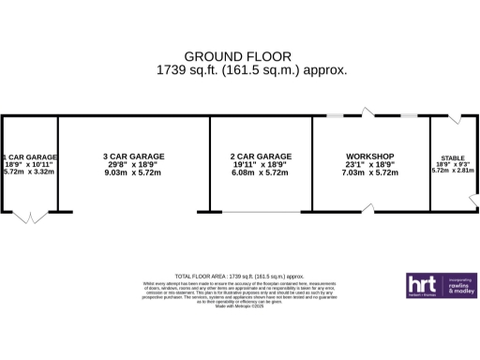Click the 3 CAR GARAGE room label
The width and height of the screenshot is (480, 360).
click(x=132, y=156)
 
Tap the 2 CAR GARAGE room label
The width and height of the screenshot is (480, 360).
click(x=260, y=156)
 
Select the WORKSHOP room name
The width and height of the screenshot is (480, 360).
click(x=369, y=156)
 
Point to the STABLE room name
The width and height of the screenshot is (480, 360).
click(x=453, y=158)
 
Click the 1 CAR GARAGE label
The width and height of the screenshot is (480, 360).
click(x=29, y=157)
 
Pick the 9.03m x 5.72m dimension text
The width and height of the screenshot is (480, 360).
click(x=132, y=172)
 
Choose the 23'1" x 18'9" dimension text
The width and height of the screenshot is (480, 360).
click(x=369, y=164)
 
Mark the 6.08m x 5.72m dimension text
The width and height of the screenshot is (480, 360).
click(x=260, y=172)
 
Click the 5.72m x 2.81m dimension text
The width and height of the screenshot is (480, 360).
click(x=453, y=171)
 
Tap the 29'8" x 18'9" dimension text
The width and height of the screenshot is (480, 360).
click(x=132, y=164)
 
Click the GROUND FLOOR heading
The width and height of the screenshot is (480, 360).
click(x=237, y=56)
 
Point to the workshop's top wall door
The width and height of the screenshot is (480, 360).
click(x=368, y=112)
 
